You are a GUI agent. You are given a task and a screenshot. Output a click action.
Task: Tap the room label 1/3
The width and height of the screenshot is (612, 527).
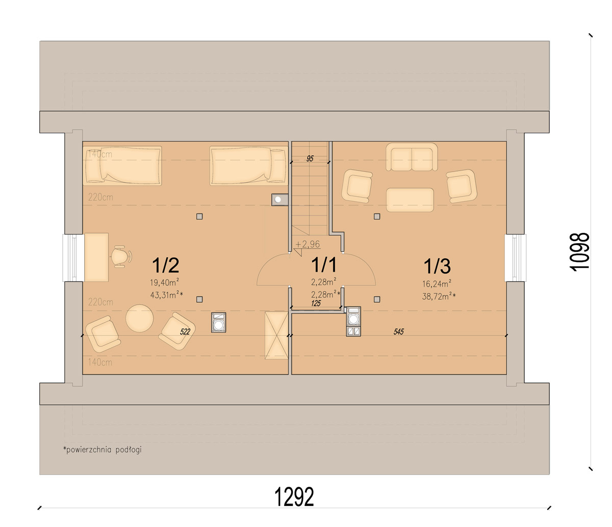(x=437, y=266)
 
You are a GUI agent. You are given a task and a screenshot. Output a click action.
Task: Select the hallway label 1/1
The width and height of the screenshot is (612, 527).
(x=324, y=265)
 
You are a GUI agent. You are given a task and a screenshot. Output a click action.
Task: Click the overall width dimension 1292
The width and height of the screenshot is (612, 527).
(x=294, y=497)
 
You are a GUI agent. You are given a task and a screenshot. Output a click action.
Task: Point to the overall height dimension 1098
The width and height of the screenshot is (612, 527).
(x=579, y=252)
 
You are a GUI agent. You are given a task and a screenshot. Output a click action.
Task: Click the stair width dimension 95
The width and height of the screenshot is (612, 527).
(x=310, y=159)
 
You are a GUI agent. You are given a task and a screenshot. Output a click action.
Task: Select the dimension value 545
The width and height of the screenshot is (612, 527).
(x=398, y=331)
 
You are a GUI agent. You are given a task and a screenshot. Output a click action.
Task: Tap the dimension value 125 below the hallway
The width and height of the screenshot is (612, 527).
(x=316, y=303)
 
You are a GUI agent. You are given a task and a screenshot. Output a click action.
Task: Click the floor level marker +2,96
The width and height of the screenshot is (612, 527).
(x=308, y=244)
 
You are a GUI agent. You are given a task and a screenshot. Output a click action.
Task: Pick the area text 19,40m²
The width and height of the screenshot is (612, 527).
(x=164, y=282)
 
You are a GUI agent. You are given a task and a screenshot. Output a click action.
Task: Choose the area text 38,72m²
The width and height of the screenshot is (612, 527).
(x=439, y=296)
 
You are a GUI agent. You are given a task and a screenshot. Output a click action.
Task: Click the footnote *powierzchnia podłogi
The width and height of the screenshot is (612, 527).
(x=102, y=450)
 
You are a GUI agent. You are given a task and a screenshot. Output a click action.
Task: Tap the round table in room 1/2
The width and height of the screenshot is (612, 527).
(x=139, y=318)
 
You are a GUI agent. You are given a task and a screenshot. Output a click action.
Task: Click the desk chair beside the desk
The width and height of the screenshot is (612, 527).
(x=121, y=257)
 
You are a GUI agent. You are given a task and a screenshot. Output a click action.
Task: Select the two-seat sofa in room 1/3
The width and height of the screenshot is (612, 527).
(x=412, y=157)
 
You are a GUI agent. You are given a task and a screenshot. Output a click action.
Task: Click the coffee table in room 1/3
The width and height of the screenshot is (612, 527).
(x=410, y=200)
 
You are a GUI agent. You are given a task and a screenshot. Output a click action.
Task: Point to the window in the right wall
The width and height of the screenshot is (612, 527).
(x=516, y=257)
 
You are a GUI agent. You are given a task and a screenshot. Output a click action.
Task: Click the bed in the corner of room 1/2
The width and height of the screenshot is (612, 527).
(x=122, y=165)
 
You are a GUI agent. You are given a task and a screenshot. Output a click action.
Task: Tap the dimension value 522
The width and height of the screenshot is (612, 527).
(x=185, y=331)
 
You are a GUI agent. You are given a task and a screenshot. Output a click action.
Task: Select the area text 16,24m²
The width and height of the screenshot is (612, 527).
(x=437, y=283)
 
